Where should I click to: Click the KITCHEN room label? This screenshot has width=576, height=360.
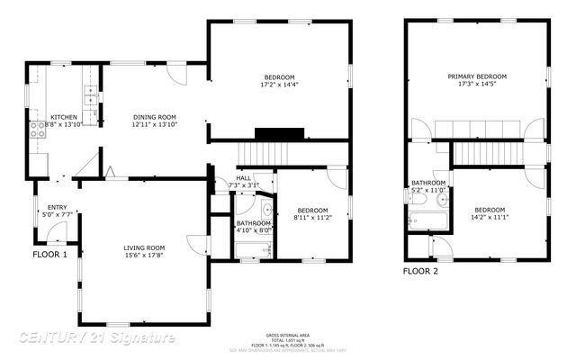click(x=64, y=117)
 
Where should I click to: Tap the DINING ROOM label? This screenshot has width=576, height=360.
click(x=154, y=117)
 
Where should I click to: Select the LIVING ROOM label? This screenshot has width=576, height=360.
click(x=144, y=247)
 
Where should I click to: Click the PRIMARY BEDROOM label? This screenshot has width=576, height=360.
click(x=477, y=76)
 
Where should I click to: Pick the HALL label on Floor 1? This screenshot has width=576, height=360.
click(x=244, y=178)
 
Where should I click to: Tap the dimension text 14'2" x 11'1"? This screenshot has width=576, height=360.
click(x=490, y=217)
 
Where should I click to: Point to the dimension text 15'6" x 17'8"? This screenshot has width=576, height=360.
click(x=144, y=256)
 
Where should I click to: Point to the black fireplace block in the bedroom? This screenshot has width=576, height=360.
click(x=273, y=134)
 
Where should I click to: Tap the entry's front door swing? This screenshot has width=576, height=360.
click(x=57, y=234)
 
